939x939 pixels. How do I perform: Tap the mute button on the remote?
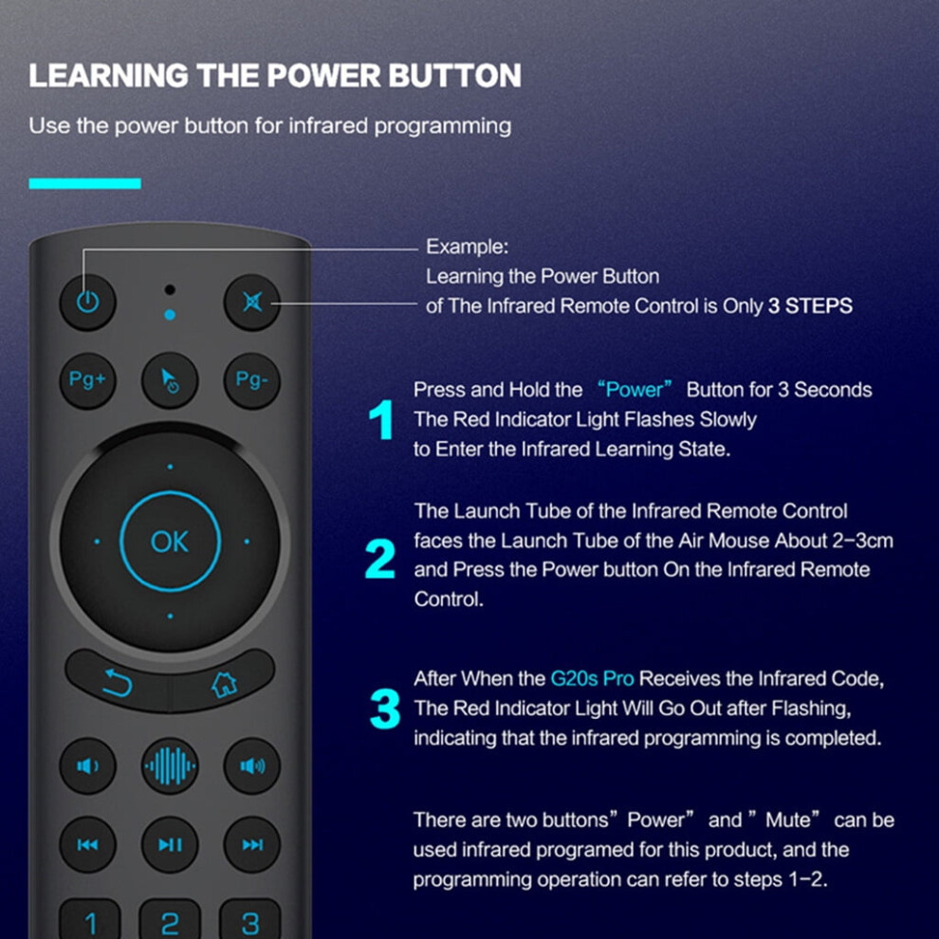coord(252,303)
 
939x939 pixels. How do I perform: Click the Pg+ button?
coord(87,380)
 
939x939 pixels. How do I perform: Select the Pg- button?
coord(252,380)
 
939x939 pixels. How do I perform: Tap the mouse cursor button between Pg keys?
coord(170,380)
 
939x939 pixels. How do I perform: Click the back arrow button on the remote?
coord(118,683)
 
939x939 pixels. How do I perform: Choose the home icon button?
coord(224,683)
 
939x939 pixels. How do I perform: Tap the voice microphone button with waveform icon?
coord(170,766)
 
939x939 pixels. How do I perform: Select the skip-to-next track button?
coord(252,844)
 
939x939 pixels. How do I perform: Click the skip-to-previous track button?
coord(87,844)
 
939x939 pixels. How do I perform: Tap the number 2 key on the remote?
coord(170,920)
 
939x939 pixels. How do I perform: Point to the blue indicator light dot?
coord(170,314)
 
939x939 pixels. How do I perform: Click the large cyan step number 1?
coord(381,419)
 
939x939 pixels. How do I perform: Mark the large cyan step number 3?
coord(385,709)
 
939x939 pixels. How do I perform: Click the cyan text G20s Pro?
coord(592,678)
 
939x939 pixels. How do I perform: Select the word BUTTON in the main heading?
coord(454,76)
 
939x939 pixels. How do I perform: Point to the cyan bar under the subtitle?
coord(85,184)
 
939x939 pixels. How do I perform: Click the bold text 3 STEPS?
coord(810,306)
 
